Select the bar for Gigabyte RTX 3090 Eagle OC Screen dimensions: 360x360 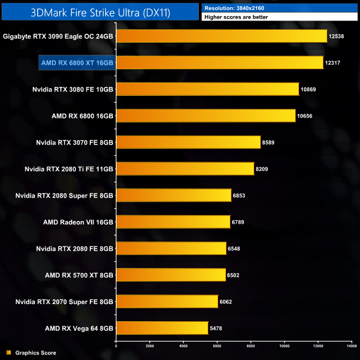[x=222, y=36]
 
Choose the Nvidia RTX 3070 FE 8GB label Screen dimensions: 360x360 [x=73, y=142]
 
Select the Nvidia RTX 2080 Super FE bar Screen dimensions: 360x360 [x=173, y=195]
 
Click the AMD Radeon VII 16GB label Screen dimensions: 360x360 [x=78, y=222]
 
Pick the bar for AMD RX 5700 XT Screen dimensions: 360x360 [x=171, y=275]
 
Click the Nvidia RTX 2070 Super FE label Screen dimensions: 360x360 [x=64, y=301]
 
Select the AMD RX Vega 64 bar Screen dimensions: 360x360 [x=162, y=328]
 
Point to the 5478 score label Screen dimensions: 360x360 [x=218, y=328]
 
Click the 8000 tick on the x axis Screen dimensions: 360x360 [x=250, y=346]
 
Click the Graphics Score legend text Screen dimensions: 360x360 [x=35, y=353]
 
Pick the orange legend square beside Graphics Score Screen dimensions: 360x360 [x=8, y=353]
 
